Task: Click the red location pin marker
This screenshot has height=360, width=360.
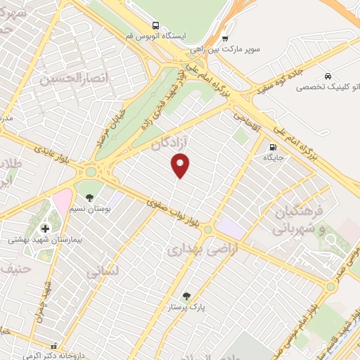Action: point(181,165)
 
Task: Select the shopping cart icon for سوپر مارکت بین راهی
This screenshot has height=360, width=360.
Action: point(225,39)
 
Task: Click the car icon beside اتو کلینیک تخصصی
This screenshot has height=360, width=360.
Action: point(328,76)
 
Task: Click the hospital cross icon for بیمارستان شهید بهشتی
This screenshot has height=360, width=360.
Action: point(46,229)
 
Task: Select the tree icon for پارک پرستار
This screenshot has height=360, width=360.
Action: point(186,296)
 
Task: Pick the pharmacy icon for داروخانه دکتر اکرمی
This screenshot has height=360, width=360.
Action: point(54,346)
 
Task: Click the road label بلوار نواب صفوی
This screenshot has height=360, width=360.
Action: point(176,213)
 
